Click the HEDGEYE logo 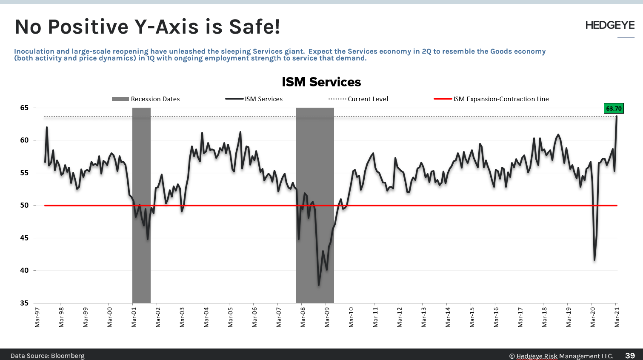click(x=610, y=26)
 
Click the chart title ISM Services click(x=321, y=82)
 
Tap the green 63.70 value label click(x=614, y=109)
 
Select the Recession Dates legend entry click(x=146, y=99)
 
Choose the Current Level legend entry click(x=358, y=99)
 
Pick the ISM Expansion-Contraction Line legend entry click(x=492, y=99)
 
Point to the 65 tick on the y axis click(x=24, y=108)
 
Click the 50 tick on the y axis click(x=24, y=206)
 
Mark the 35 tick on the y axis click(x=24, y=303)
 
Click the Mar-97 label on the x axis click(x=37, y=317)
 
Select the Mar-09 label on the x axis click(x=327, y=317)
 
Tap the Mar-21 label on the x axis click(x=617, y=317)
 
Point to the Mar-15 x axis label click(x=472, y=317)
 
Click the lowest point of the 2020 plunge click(x=594, y=260)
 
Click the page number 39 click(x=630, y=355)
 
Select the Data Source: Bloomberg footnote click(x=47, y=356)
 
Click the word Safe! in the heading click(x=254, y=27)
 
